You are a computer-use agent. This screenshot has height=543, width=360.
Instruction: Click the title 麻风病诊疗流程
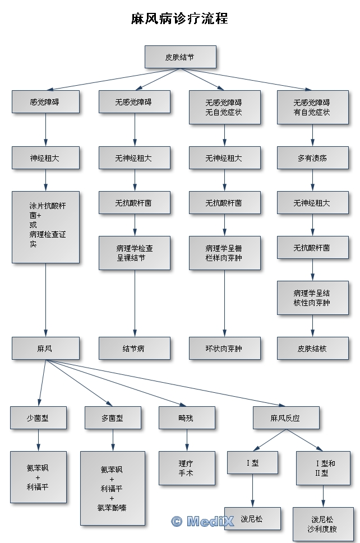click(179, 18)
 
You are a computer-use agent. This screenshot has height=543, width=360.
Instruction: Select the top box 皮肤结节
click(180, 57)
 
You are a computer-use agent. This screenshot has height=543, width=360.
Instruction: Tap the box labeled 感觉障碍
click(45, 102)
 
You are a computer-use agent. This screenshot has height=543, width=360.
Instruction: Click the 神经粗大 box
click(45, 158)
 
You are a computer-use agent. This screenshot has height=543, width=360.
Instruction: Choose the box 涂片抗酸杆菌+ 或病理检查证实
click(45, 227)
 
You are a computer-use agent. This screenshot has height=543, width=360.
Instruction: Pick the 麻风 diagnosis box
click(45, 349)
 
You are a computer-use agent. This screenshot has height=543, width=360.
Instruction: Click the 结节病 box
click(135, 349)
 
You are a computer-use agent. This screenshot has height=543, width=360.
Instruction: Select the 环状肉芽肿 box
click(224, 349)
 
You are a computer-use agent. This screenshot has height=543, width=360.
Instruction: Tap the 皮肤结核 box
click(312, 349)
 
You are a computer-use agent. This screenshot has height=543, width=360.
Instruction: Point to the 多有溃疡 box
click(312, 158)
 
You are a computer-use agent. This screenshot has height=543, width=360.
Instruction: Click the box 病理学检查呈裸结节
click(135, 253)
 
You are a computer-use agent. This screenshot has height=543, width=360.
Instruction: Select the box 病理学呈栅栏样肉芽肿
click(224, 253)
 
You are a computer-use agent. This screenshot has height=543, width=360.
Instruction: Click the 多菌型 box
click(113, 418)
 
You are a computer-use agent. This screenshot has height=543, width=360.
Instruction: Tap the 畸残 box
click(187, 418)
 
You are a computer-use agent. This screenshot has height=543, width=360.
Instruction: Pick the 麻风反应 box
click(286, 418)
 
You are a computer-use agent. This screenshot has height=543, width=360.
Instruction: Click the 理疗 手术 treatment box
click(187, 468)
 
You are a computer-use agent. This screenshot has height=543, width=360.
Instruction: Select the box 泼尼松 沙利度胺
click(323, 524)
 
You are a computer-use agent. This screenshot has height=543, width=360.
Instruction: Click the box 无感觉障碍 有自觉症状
click(312, 107)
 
